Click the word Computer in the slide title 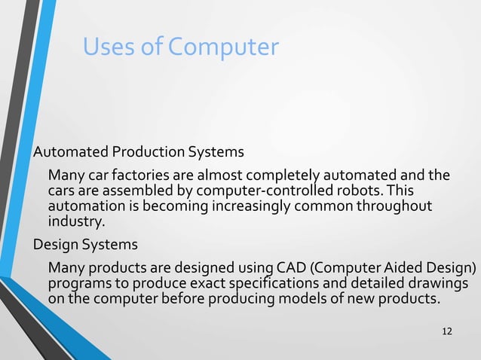223,47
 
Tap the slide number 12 447,332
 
